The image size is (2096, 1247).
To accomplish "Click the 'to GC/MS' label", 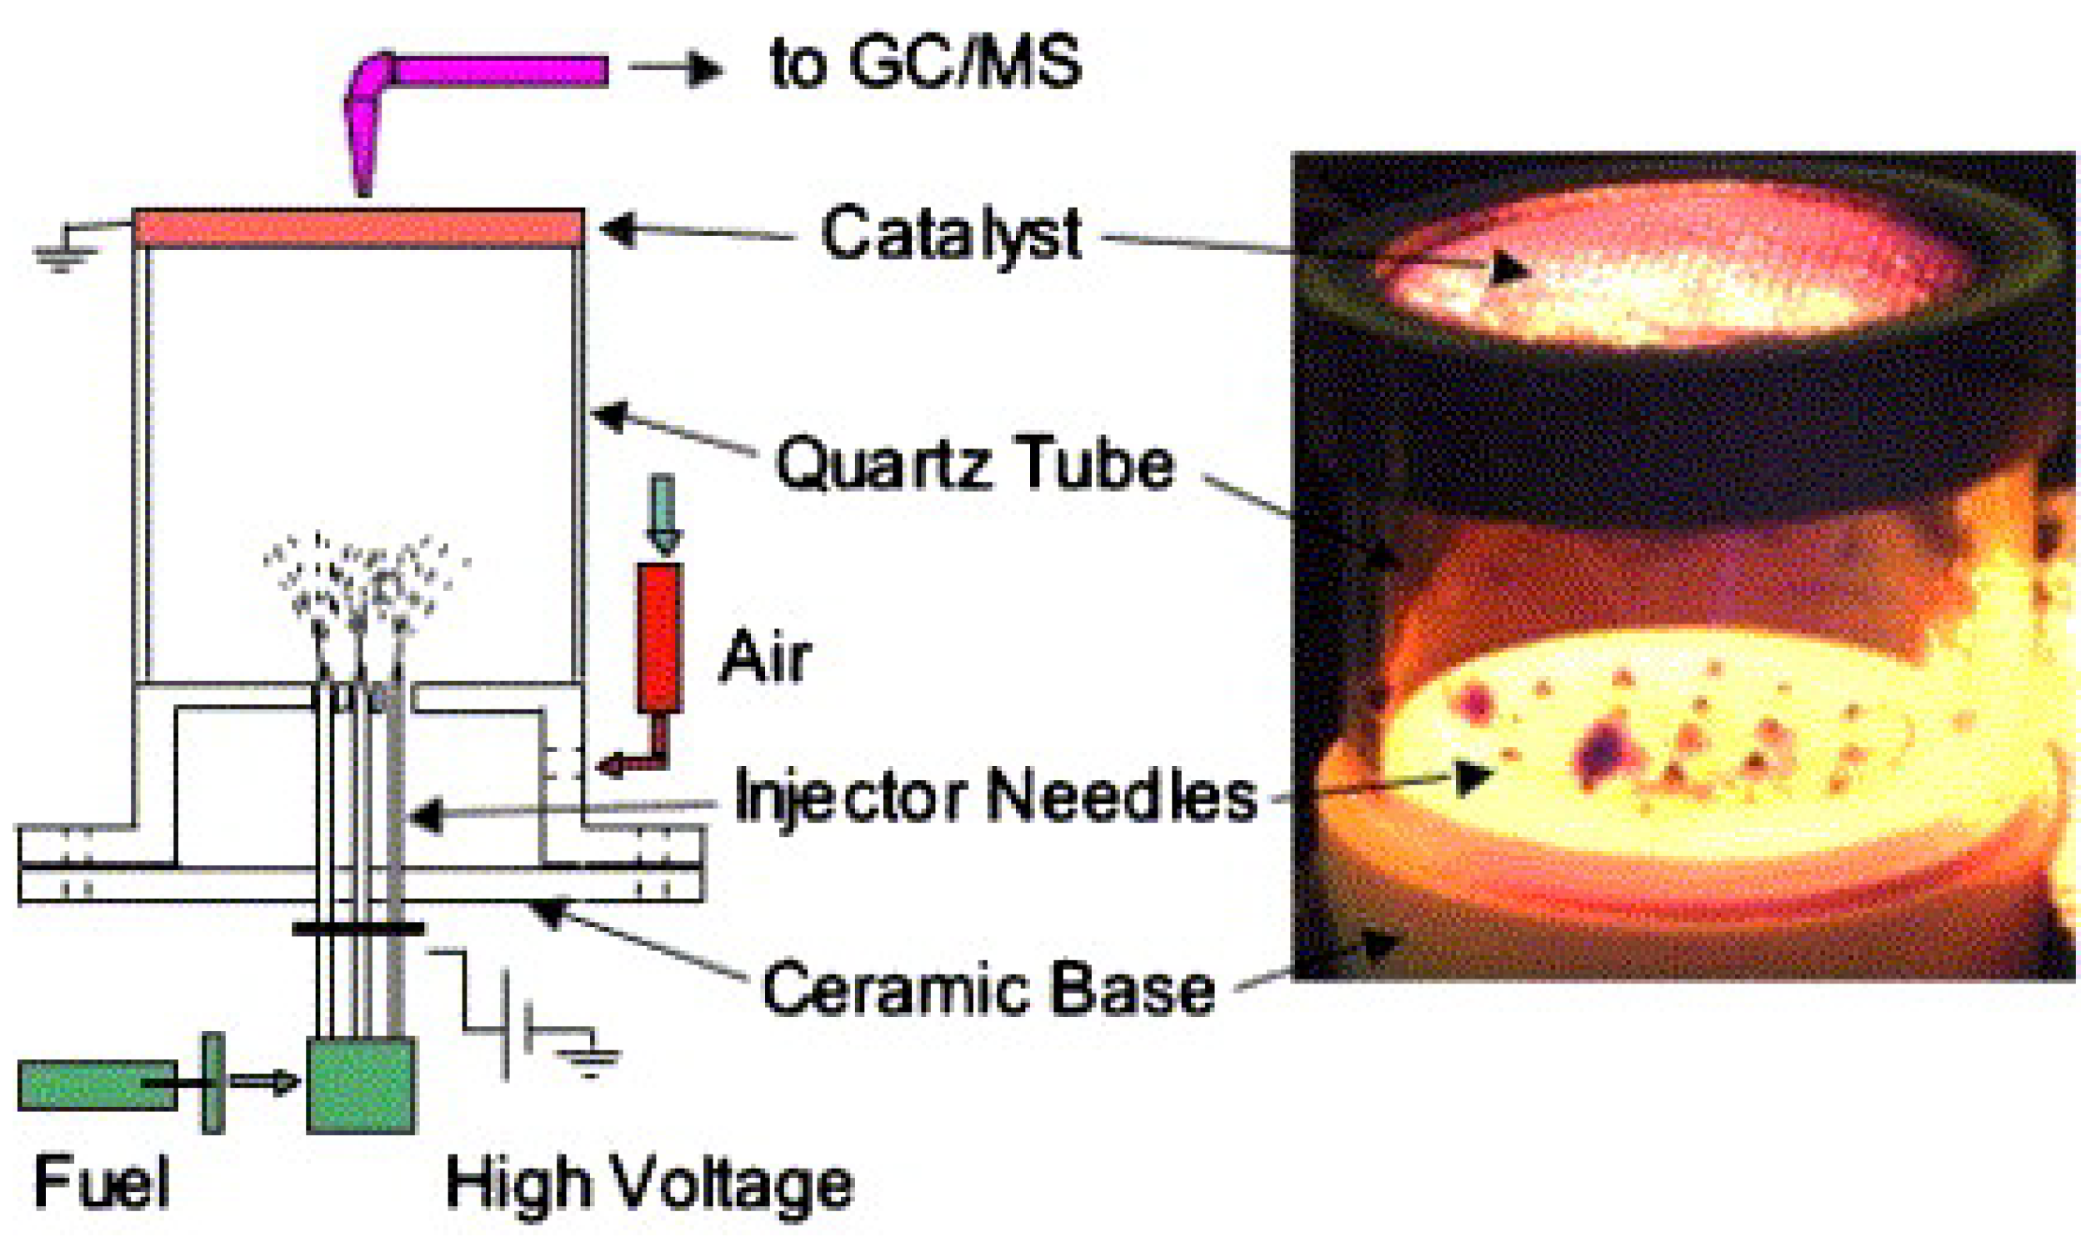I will (925, 64).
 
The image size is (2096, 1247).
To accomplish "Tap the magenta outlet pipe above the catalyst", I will (496, 72).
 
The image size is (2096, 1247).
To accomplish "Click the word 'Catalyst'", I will (950, 234).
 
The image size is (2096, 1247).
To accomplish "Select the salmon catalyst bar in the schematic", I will (358, 228).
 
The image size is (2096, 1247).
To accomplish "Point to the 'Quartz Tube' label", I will (974, 463).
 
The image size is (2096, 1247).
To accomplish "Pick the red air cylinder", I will (659, 638).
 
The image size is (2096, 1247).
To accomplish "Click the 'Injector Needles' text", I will (994, 797).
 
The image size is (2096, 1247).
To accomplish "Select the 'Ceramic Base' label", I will (988, 989).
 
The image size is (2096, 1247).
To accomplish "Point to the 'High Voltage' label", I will (649, 1184).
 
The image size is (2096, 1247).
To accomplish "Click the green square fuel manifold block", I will (361, 1084).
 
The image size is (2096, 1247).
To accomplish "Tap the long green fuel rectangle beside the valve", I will (97, 1084).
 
